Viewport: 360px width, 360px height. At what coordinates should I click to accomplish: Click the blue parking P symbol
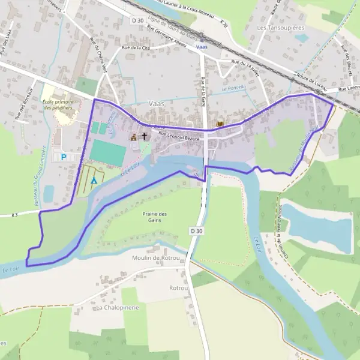point(64,157)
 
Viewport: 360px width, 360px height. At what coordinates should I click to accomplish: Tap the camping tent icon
point(94,179)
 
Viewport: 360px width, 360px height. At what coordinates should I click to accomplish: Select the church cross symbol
point(143,136)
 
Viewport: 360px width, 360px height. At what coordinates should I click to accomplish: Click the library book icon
point(220,124)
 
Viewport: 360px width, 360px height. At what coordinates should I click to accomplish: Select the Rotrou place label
point(178,288)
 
